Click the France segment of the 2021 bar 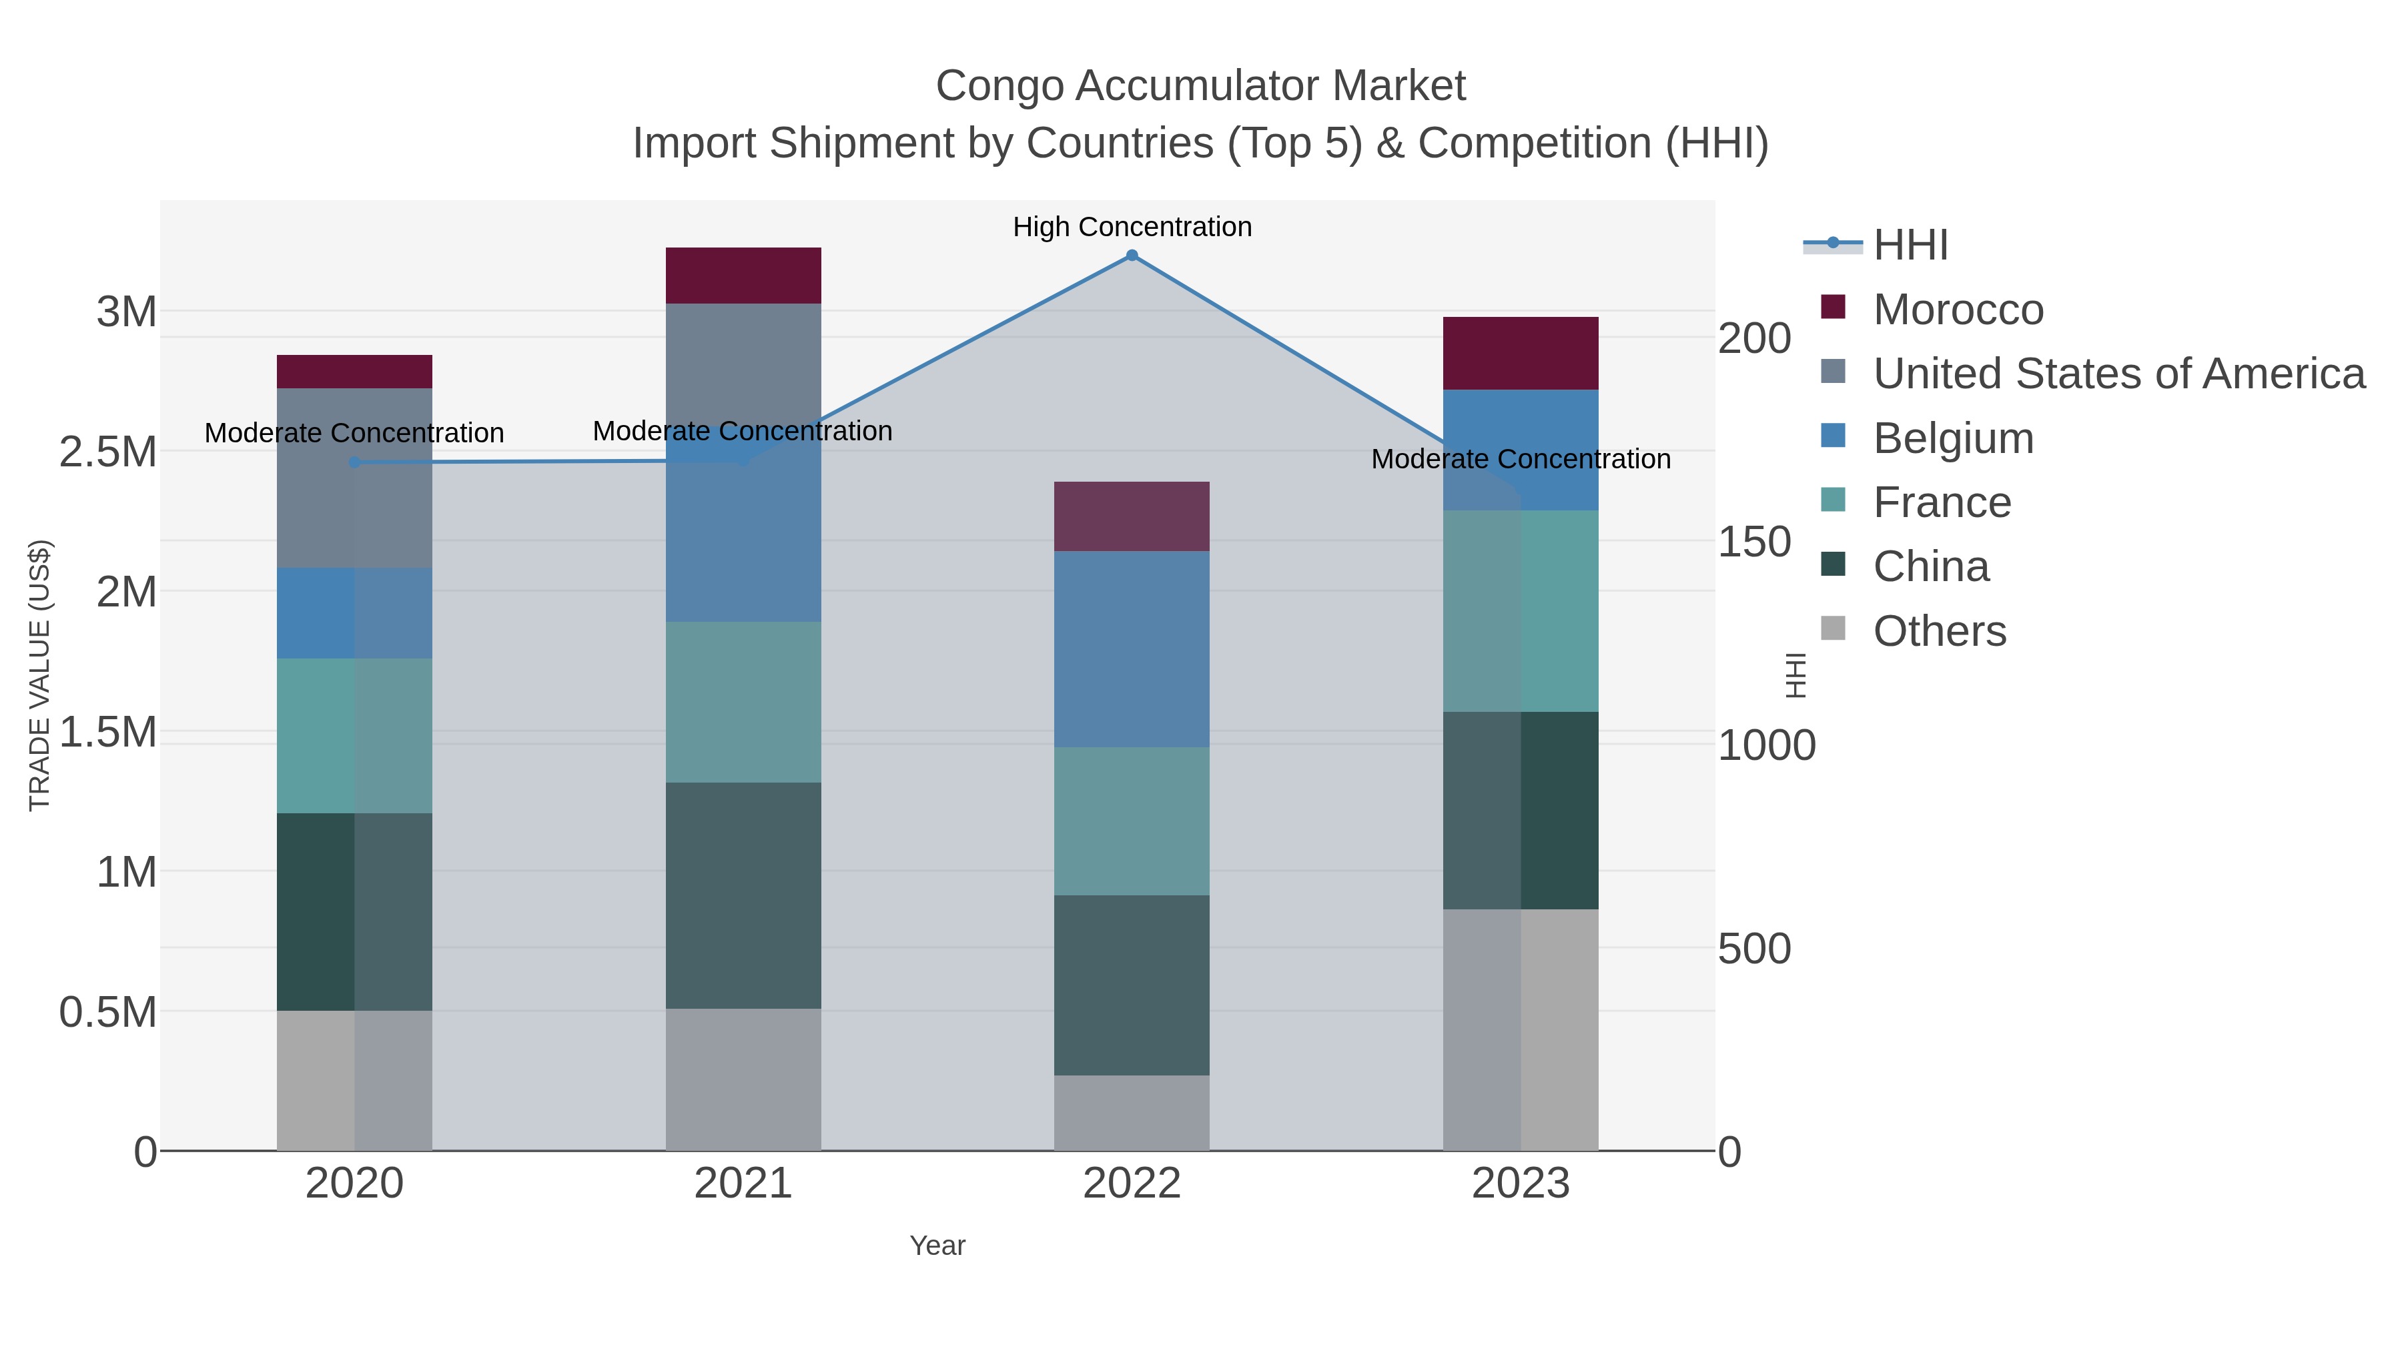743,702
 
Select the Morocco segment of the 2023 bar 1520,354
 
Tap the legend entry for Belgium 1952,438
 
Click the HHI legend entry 1910,246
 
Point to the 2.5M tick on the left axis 108,452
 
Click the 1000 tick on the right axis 1767,746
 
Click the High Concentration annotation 1132,227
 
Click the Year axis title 937,1246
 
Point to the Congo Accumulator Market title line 1200,86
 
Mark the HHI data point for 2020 354,462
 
